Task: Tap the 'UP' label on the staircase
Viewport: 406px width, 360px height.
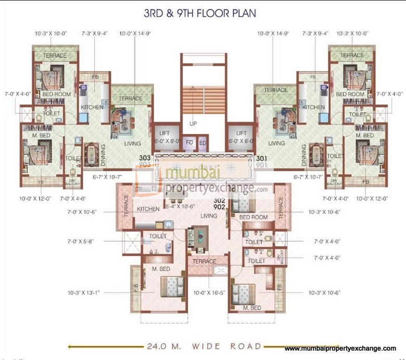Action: point(193,124)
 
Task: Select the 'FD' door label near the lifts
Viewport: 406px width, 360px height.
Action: point(190,142)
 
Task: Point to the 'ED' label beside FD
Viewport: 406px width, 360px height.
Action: point(202,142)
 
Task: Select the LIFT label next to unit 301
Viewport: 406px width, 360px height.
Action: point(241,133)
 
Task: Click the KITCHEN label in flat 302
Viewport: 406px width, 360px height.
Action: point(148,209)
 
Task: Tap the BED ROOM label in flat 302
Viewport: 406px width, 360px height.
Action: point(253,217)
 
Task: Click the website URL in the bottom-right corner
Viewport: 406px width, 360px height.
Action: point(340,348)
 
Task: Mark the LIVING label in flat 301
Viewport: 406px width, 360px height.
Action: point(276,143)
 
